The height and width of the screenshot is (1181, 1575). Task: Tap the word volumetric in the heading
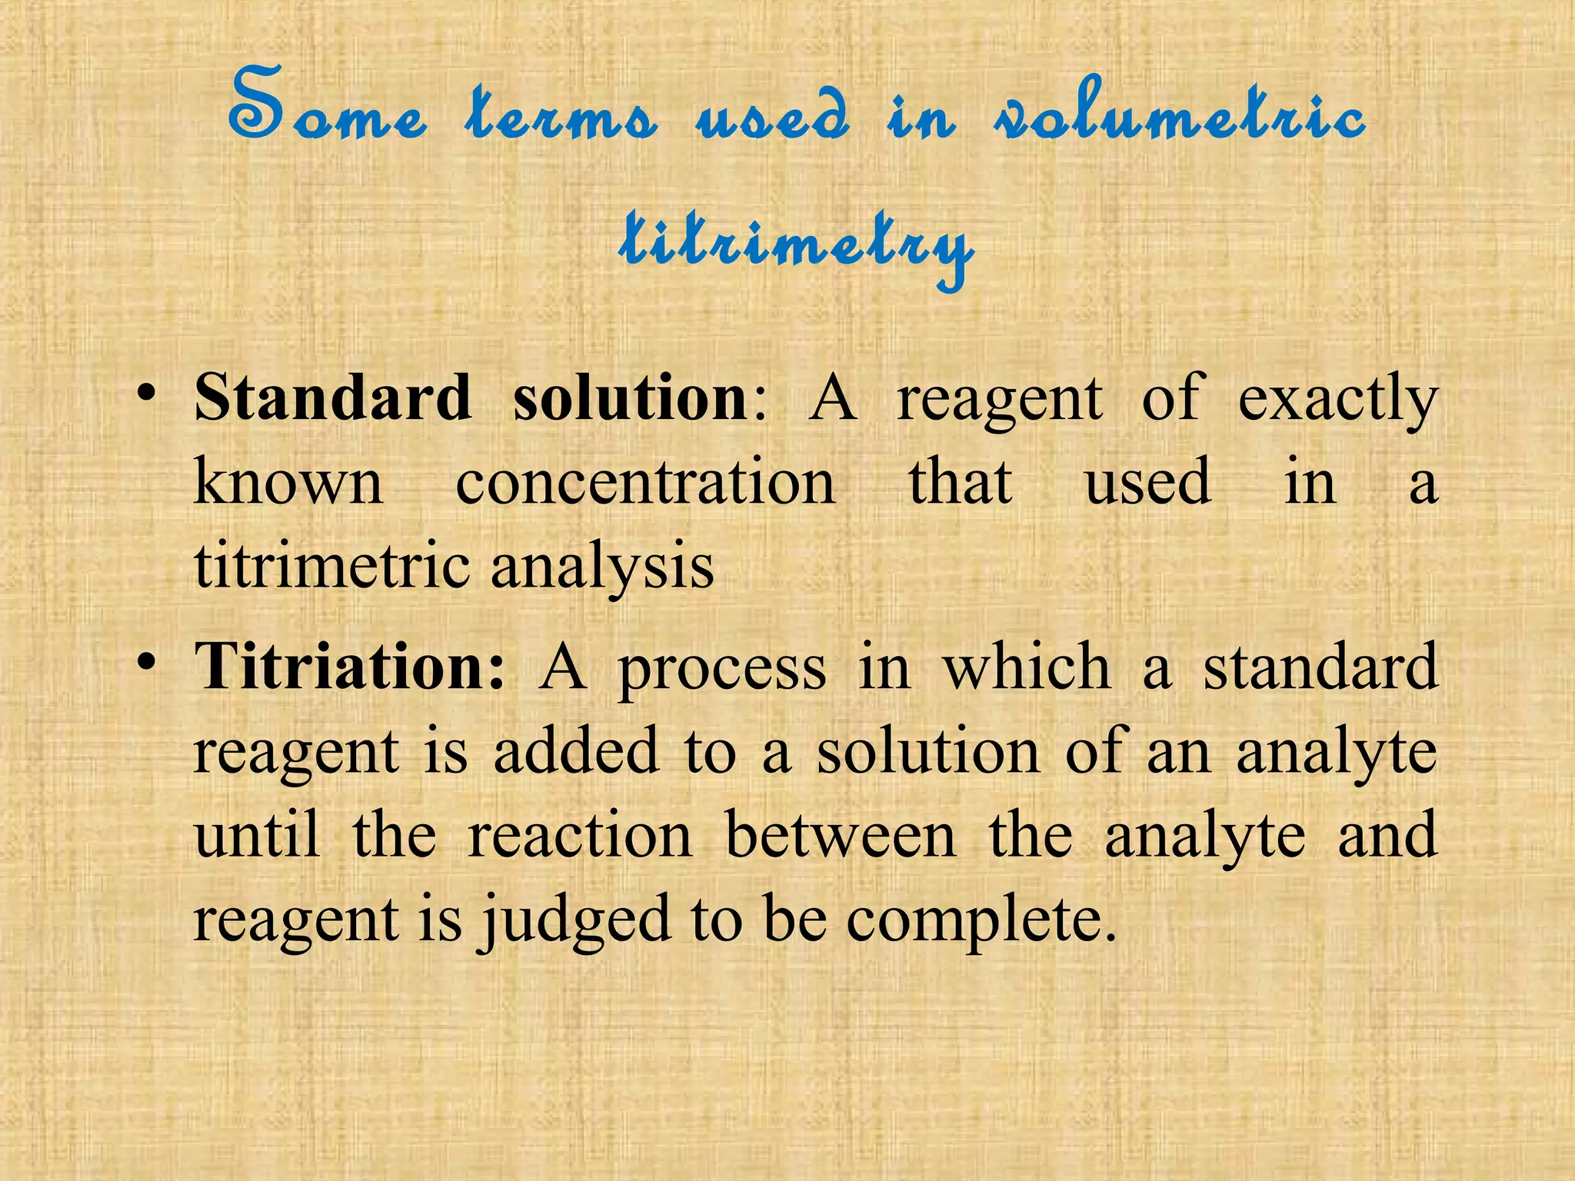point(1180,115)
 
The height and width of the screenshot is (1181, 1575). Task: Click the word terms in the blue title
point(561,115)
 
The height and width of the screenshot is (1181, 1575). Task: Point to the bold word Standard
point(332,398)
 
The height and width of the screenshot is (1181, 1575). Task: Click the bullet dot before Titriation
point(145,662)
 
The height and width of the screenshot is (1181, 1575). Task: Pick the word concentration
point(645,483)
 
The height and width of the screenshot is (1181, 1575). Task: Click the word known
point(288,483)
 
